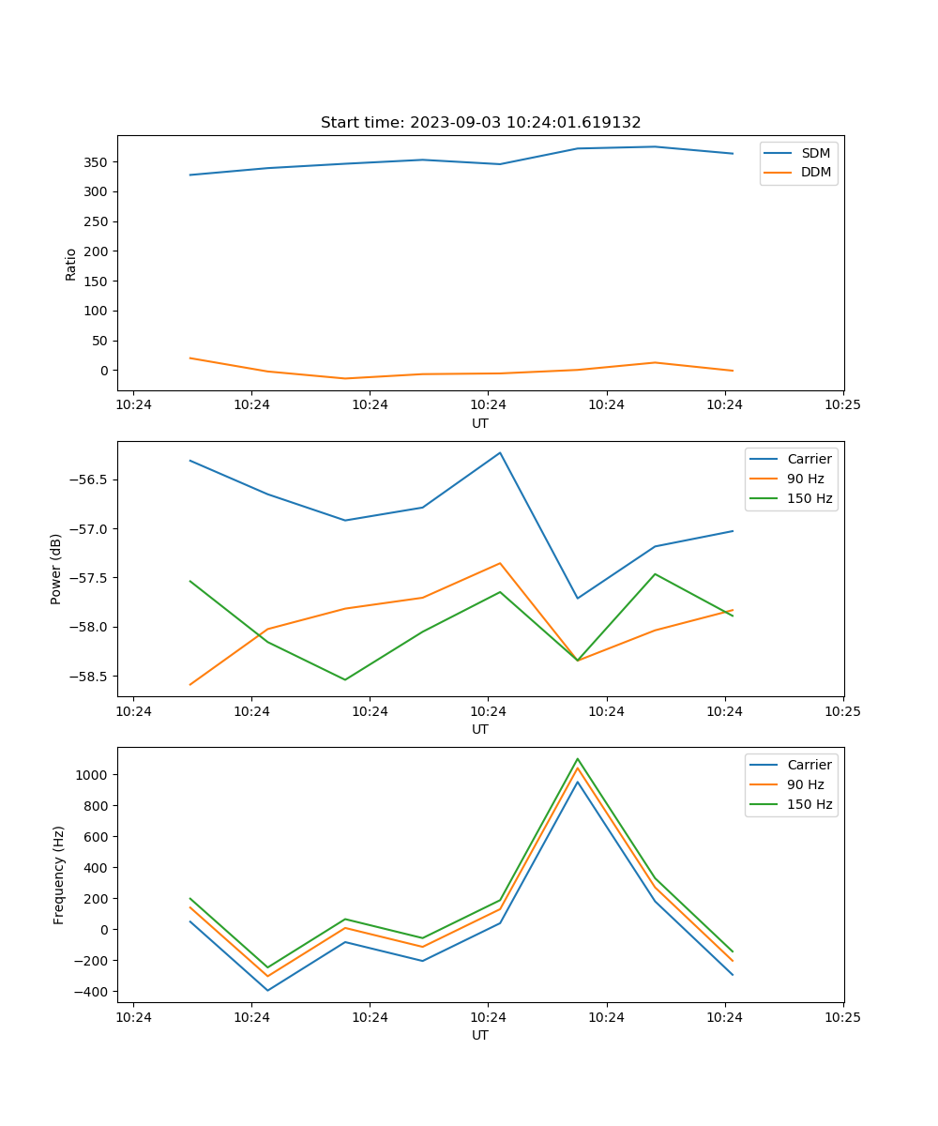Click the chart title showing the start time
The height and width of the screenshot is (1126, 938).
pyautogui.click(x=480, y=123)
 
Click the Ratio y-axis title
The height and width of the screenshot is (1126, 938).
pyautogui.click(x=71, y=264)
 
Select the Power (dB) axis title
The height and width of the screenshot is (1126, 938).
pyautogui.click(x=56, y=569)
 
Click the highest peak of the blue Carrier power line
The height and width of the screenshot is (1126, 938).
pyautogui.click(x=500, y=452)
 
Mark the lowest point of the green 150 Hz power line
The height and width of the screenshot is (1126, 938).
pyautogui.click(x=345, y=679)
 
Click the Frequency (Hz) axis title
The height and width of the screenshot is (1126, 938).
pyautogui.click(x=59, y=875)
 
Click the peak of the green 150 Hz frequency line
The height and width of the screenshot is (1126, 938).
pyautogui.click(x=578, y=759)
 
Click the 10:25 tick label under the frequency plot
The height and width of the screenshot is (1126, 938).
pyautogui.click(x=842, y=1016)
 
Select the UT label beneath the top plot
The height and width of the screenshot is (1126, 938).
pyautogui.click(x=480, y=423)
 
